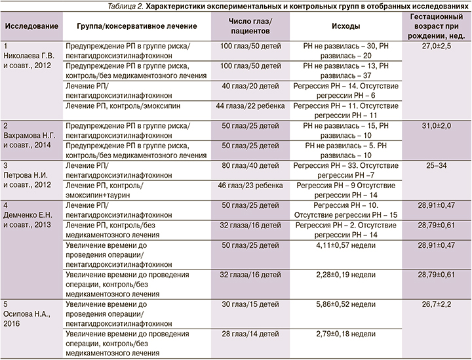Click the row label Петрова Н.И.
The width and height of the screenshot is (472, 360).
tap(25, 176)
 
